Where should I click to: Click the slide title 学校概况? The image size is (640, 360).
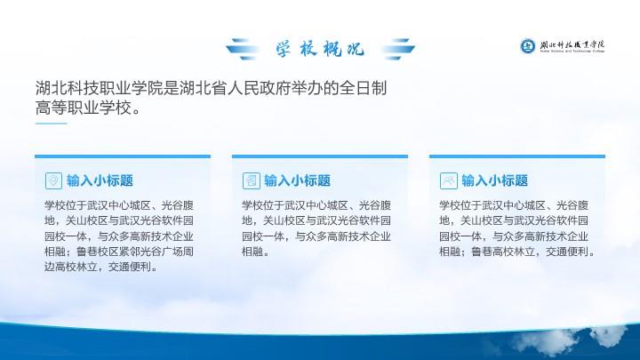point(320,49)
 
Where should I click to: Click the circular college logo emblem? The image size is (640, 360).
point(527,46)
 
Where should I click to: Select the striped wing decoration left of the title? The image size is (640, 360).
point(243,49)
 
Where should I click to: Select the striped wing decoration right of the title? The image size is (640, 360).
point(398,49)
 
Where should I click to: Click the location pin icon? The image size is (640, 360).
point(53,180)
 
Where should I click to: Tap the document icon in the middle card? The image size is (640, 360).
point(251,180)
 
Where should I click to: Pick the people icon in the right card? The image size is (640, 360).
point(449,180)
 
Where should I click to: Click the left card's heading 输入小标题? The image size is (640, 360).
point(100,180)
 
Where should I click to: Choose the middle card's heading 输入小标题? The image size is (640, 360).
point(298,180)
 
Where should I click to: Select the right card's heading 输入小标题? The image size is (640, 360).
point(495,180)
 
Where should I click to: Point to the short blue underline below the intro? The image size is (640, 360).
point(51,124)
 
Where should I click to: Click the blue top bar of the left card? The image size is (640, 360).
point(123,156)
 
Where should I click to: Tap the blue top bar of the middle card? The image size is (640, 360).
point(320,156)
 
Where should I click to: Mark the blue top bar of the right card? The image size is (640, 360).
point(517,156)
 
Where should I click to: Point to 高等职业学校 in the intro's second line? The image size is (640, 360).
point(83,108)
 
